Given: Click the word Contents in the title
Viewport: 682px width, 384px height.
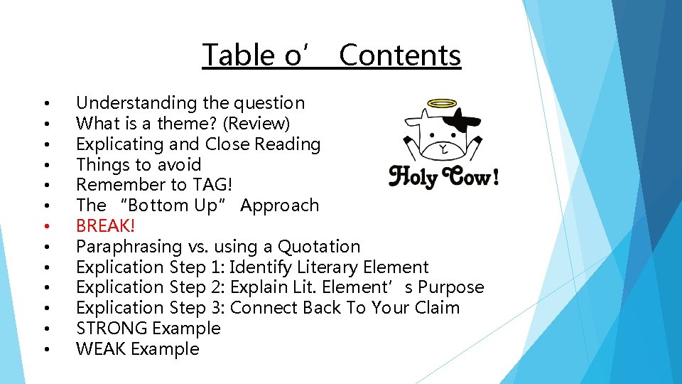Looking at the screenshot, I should coord(400,55).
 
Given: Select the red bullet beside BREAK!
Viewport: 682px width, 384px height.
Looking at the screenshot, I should coord(45,227).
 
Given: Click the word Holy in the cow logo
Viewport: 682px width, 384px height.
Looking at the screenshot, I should coord(414,176).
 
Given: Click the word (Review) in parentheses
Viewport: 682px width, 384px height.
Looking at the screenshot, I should coord(256,124).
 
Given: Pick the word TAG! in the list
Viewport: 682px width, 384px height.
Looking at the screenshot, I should coord(212,185).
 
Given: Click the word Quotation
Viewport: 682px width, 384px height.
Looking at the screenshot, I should coord(319,247).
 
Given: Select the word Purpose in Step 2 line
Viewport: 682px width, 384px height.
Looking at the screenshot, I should coord(454,287).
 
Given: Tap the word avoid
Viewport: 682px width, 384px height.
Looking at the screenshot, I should coord(179,165).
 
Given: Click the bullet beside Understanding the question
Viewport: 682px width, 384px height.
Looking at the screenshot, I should coord(45,104).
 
